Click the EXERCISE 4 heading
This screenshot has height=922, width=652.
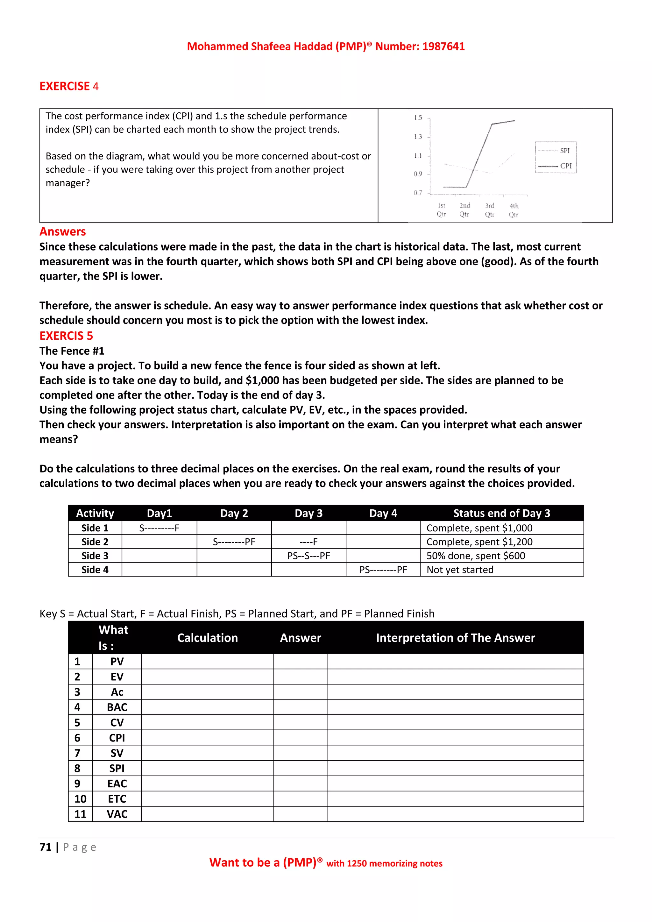[x=69, y=86]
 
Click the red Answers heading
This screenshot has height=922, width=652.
[x=63, y=232]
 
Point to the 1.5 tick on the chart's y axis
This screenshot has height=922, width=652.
[x=418, y=118]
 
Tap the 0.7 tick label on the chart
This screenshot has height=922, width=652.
[x=418, y=193]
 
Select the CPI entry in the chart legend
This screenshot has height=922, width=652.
[x=565, y=166]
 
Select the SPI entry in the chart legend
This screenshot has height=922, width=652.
[x=564, y=151]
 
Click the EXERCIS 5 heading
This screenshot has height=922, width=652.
[x=66, y=336]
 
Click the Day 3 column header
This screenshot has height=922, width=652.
[x=308, y=513]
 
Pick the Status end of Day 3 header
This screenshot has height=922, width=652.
[x=501, y=513]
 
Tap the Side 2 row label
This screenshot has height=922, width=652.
[x=95, y=542]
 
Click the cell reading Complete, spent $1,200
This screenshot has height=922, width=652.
[x=479, y=542]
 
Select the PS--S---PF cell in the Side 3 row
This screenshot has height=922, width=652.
[x=308, y=556]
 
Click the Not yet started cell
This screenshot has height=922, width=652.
[x=460, y=570]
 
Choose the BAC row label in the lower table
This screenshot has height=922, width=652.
[x=117, y=707]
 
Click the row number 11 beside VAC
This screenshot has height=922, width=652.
[x=80, y=814]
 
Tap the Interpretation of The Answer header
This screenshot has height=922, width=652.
[x=455, y=638]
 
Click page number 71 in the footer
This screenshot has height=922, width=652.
[x=46, y=847]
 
